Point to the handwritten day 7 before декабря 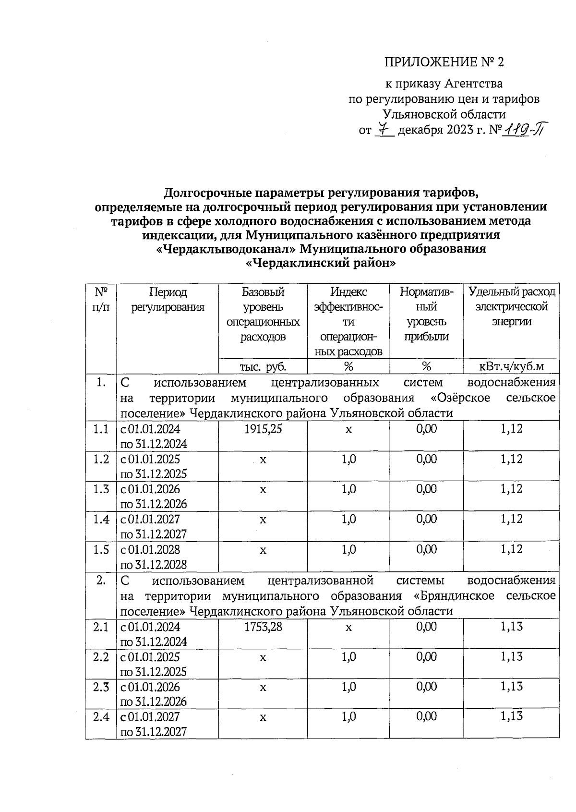[383, 129]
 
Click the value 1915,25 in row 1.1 [263, 429]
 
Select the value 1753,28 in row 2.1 [263, 627]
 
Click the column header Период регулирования [168, 299]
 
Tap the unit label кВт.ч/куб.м [512, 366]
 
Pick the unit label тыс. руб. [263, 366]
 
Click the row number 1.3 [101, 489]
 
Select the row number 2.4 [101, 716]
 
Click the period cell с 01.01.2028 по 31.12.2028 [154, 557]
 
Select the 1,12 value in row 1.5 [511, 549]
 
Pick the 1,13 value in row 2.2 [511, 656]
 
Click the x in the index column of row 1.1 [348, 429]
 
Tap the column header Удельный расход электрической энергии [512, 306]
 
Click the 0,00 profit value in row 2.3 [426, 687]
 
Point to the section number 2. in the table [101, 580]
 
